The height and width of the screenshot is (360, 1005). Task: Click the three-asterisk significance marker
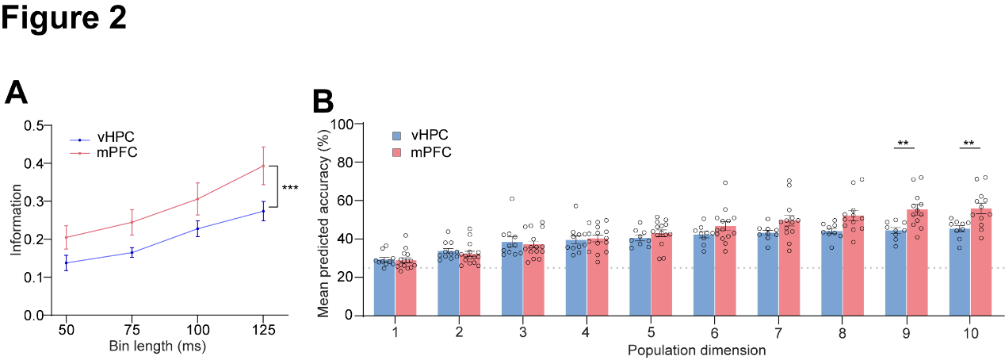pos(290,189)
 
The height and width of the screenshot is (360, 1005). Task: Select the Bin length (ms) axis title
pos(165,346)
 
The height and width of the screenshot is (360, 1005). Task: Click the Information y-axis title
pos(16,220)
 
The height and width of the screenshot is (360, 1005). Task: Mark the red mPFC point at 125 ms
pos(264,166)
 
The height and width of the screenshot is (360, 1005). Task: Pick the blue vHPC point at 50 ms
pos(66,262)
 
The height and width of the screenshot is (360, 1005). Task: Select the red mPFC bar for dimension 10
pos(981,262)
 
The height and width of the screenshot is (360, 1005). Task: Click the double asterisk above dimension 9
pos(903,144)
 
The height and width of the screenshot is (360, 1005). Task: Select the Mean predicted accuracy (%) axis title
pos(323,220)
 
